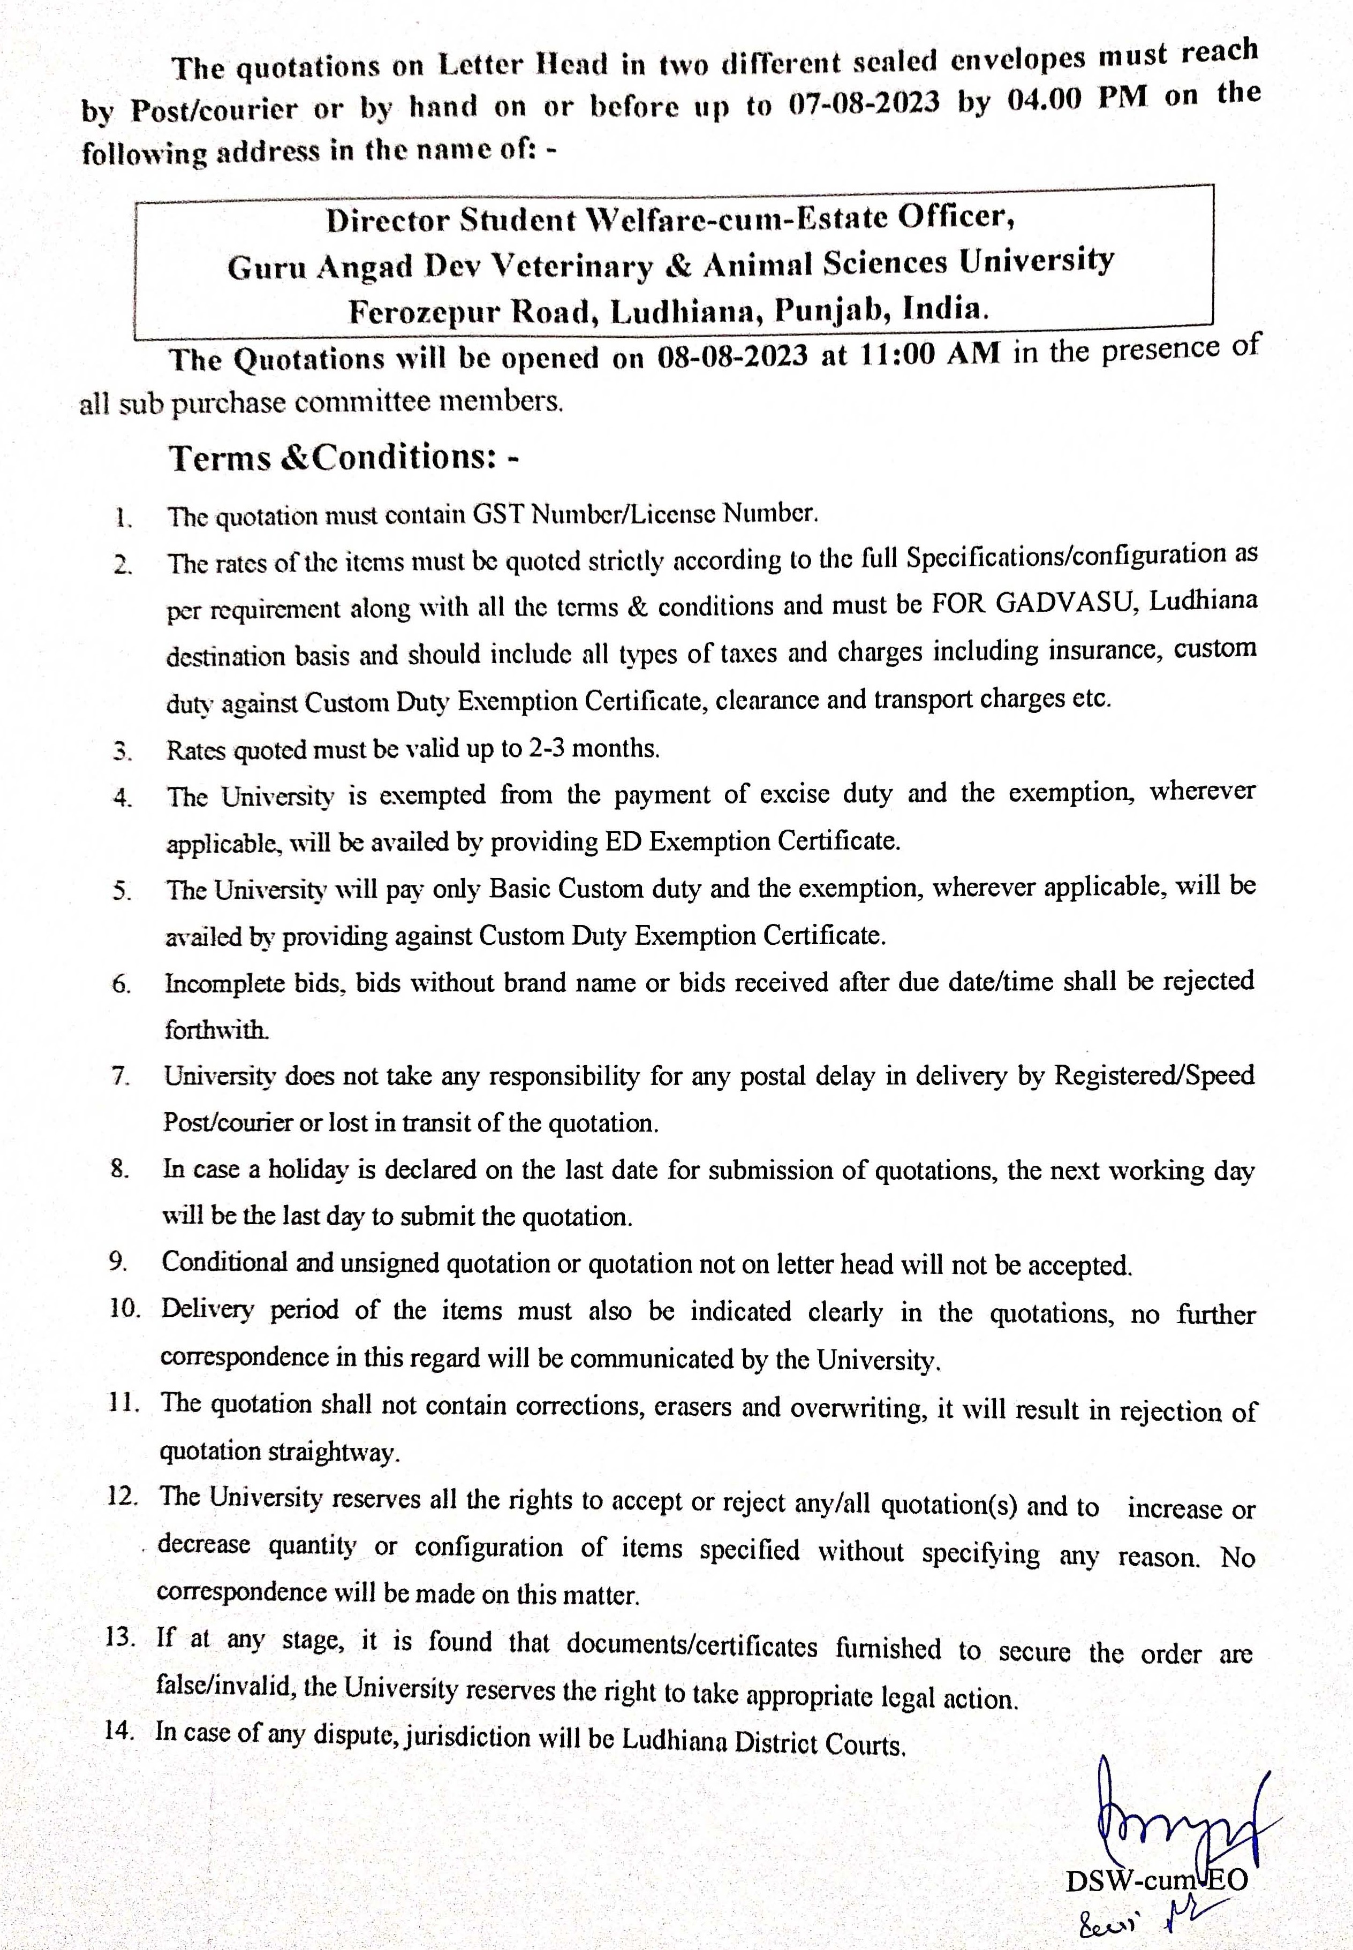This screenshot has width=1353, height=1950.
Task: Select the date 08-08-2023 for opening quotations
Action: point(732,357)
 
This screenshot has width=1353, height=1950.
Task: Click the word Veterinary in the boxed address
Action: point(572,266)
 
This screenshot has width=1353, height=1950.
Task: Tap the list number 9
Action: point(118,1262)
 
